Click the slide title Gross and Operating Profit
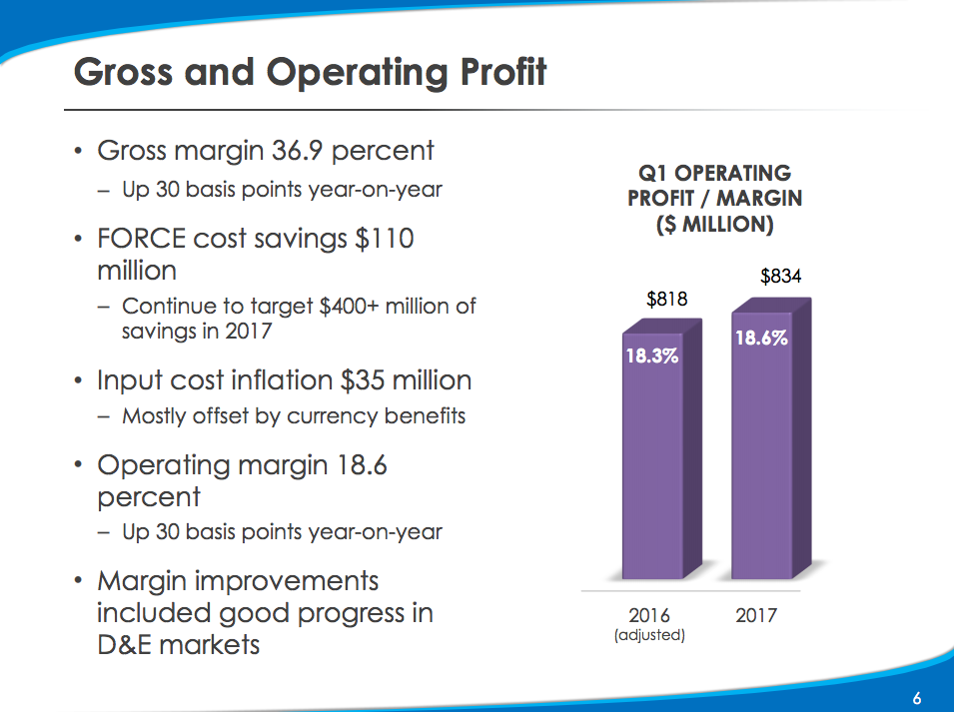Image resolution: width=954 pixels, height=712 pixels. pyautogui.click(x=311, y=73)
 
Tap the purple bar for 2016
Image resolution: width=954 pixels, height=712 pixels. pyautogui.click(x=653, y=469)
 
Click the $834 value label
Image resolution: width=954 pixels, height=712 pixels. pyautogui.click(x=780, y=277)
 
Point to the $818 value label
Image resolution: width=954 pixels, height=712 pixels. pyautogui.click(x=666, y=299)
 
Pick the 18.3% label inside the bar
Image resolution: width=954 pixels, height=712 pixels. pyautogui.click(x=651, y=355)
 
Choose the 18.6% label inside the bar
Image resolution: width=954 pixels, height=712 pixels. pyautogui.click(x=761, y=338)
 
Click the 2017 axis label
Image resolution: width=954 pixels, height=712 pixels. pyautogui.click(x=755, y=615)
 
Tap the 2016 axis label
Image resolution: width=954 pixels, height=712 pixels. pyautogui.click(x=649, y=615)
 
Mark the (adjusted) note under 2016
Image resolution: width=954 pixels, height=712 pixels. pyautogui.click(x=649, y=635)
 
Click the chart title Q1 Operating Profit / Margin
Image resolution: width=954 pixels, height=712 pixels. pyautogui.click(x=714, y=198)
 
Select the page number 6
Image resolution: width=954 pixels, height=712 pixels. pyautogui.click(x=916, y=698)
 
